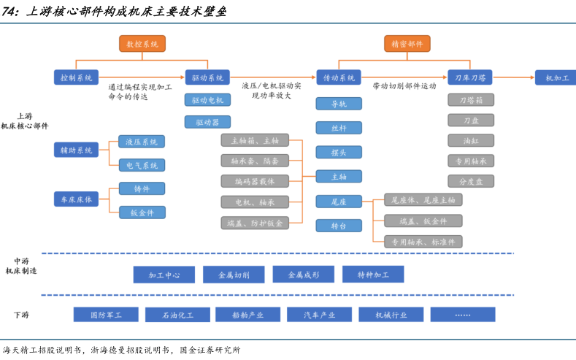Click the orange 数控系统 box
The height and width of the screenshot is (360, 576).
[x=142, y=44]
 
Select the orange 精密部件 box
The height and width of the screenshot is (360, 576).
[x=407, y=44]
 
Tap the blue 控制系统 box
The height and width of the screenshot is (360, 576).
[x=76, y=77]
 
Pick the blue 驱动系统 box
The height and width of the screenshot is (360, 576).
[x=207, y=77]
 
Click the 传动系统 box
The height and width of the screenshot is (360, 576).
[x=339, y=77]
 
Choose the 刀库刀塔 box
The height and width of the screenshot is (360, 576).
[x=470, y=77]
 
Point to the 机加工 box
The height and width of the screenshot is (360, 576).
[x=556, y=77]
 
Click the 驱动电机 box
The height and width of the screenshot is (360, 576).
[x=207, y=100]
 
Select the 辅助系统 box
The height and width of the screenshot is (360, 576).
[x=76, y=150]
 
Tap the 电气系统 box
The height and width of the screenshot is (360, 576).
[x=142, y=166]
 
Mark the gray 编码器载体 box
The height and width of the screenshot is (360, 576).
[x=255, y=181]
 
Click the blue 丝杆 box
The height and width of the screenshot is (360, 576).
[x=339, y=128]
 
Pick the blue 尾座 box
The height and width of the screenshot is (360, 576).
[x=339, y=201]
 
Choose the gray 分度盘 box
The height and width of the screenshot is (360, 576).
[x=471, y=181]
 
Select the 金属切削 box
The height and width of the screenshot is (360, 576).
[x=234, y=275]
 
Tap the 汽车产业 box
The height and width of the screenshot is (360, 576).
[x=320, y=315]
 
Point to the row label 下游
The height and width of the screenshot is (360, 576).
[x=21, y=315]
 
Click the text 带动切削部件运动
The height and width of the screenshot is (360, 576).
[x=404, y=85]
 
